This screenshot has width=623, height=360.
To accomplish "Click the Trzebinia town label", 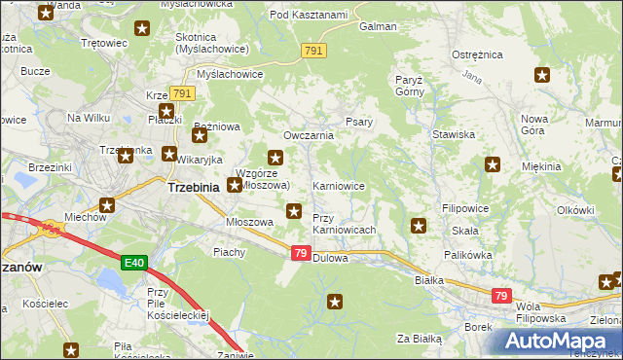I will click(x=198, y=187).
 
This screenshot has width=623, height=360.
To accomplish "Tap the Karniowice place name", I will click(x=338, y=185).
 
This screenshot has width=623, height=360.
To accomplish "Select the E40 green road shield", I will click(x=136, y=263).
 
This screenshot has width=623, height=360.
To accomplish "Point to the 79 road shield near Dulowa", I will click(x=302, y=252).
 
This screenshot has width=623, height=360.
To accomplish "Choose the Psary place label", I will click(x=357, y=123).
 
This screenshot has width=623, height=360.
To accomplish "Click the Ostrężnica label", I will click(x=475, y=55).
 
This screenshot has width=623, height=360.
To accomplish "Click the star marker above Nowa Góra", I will click(x=542, y=74).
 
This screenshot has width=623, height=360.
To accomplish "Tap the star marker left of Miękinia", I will click(x=493, y=165).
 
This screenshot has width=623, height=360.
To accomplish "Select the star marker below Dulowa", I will click(x=336, y=302).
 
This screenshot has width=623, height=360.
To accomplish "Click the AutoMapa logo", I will click(x=557, y=341).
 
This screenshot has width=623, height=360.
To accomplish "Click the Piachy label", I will click(x=229, y=252).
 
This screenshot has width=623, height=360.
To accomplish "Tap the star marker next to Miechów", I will click(x=107, y=205).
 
